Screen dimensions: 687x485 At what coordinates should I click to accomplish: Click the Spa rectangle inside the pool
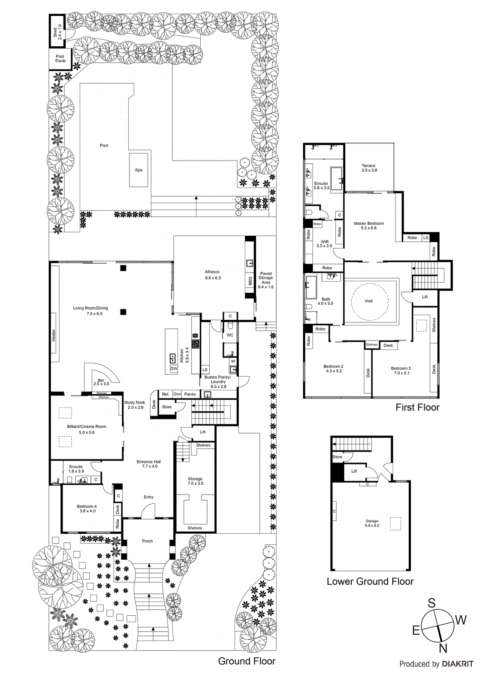click(x=139, y=170)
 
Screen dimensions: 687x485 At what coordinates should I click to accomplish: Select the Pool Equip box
click(x=60, y=59)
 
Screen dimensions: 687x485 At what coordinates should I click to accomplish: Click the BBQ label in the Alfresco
click(x=250, y=281)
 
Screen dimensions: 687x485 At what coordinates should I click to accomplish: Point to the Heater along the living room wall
click(x=54, y=335)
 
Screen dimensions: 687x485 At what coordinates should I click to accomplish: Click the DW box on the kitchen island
click(x=174, y=369)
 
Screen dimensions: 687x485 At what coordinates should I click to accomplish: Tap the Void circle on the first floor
click(x=369, y=301)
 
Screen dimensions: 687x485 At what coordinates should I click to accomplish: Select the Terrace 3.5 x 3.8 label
click(x=369, y=168)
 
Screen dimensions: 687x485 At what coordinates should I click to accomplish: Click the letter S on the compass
click(x=431, y=603)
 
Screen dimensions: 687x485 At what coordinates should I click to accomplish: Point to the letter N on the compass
click(x=443, y=648)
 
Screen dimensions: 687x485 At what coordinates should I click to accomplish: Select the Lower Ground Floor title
click(x=370, y=581)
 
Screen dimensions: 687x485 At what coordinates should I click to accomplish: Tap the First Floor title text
click(x=417, y=407)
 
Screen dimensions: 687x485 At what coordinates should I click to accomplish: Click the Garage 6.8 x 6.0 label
click(x=372, y=523)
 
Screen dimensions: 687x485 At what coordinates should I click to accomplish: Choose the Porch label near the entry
click(x=148, y=541)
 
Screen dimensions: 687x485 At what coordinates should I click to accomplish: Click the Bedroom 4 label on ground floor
click(x=87, y=508)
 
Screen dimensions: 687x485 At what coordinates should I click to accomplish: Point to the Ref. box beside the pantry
click(x=166, y=394)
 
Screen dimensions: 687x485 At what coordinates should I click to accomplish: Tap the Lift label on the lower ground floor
click(x=354, y=471)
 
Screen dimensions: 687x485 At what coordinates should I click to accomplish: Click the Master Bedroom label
click(x=369, y=225)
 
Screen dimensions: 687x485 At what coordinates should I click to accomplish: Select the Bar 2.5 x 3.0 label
click(x=101, y=382)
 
